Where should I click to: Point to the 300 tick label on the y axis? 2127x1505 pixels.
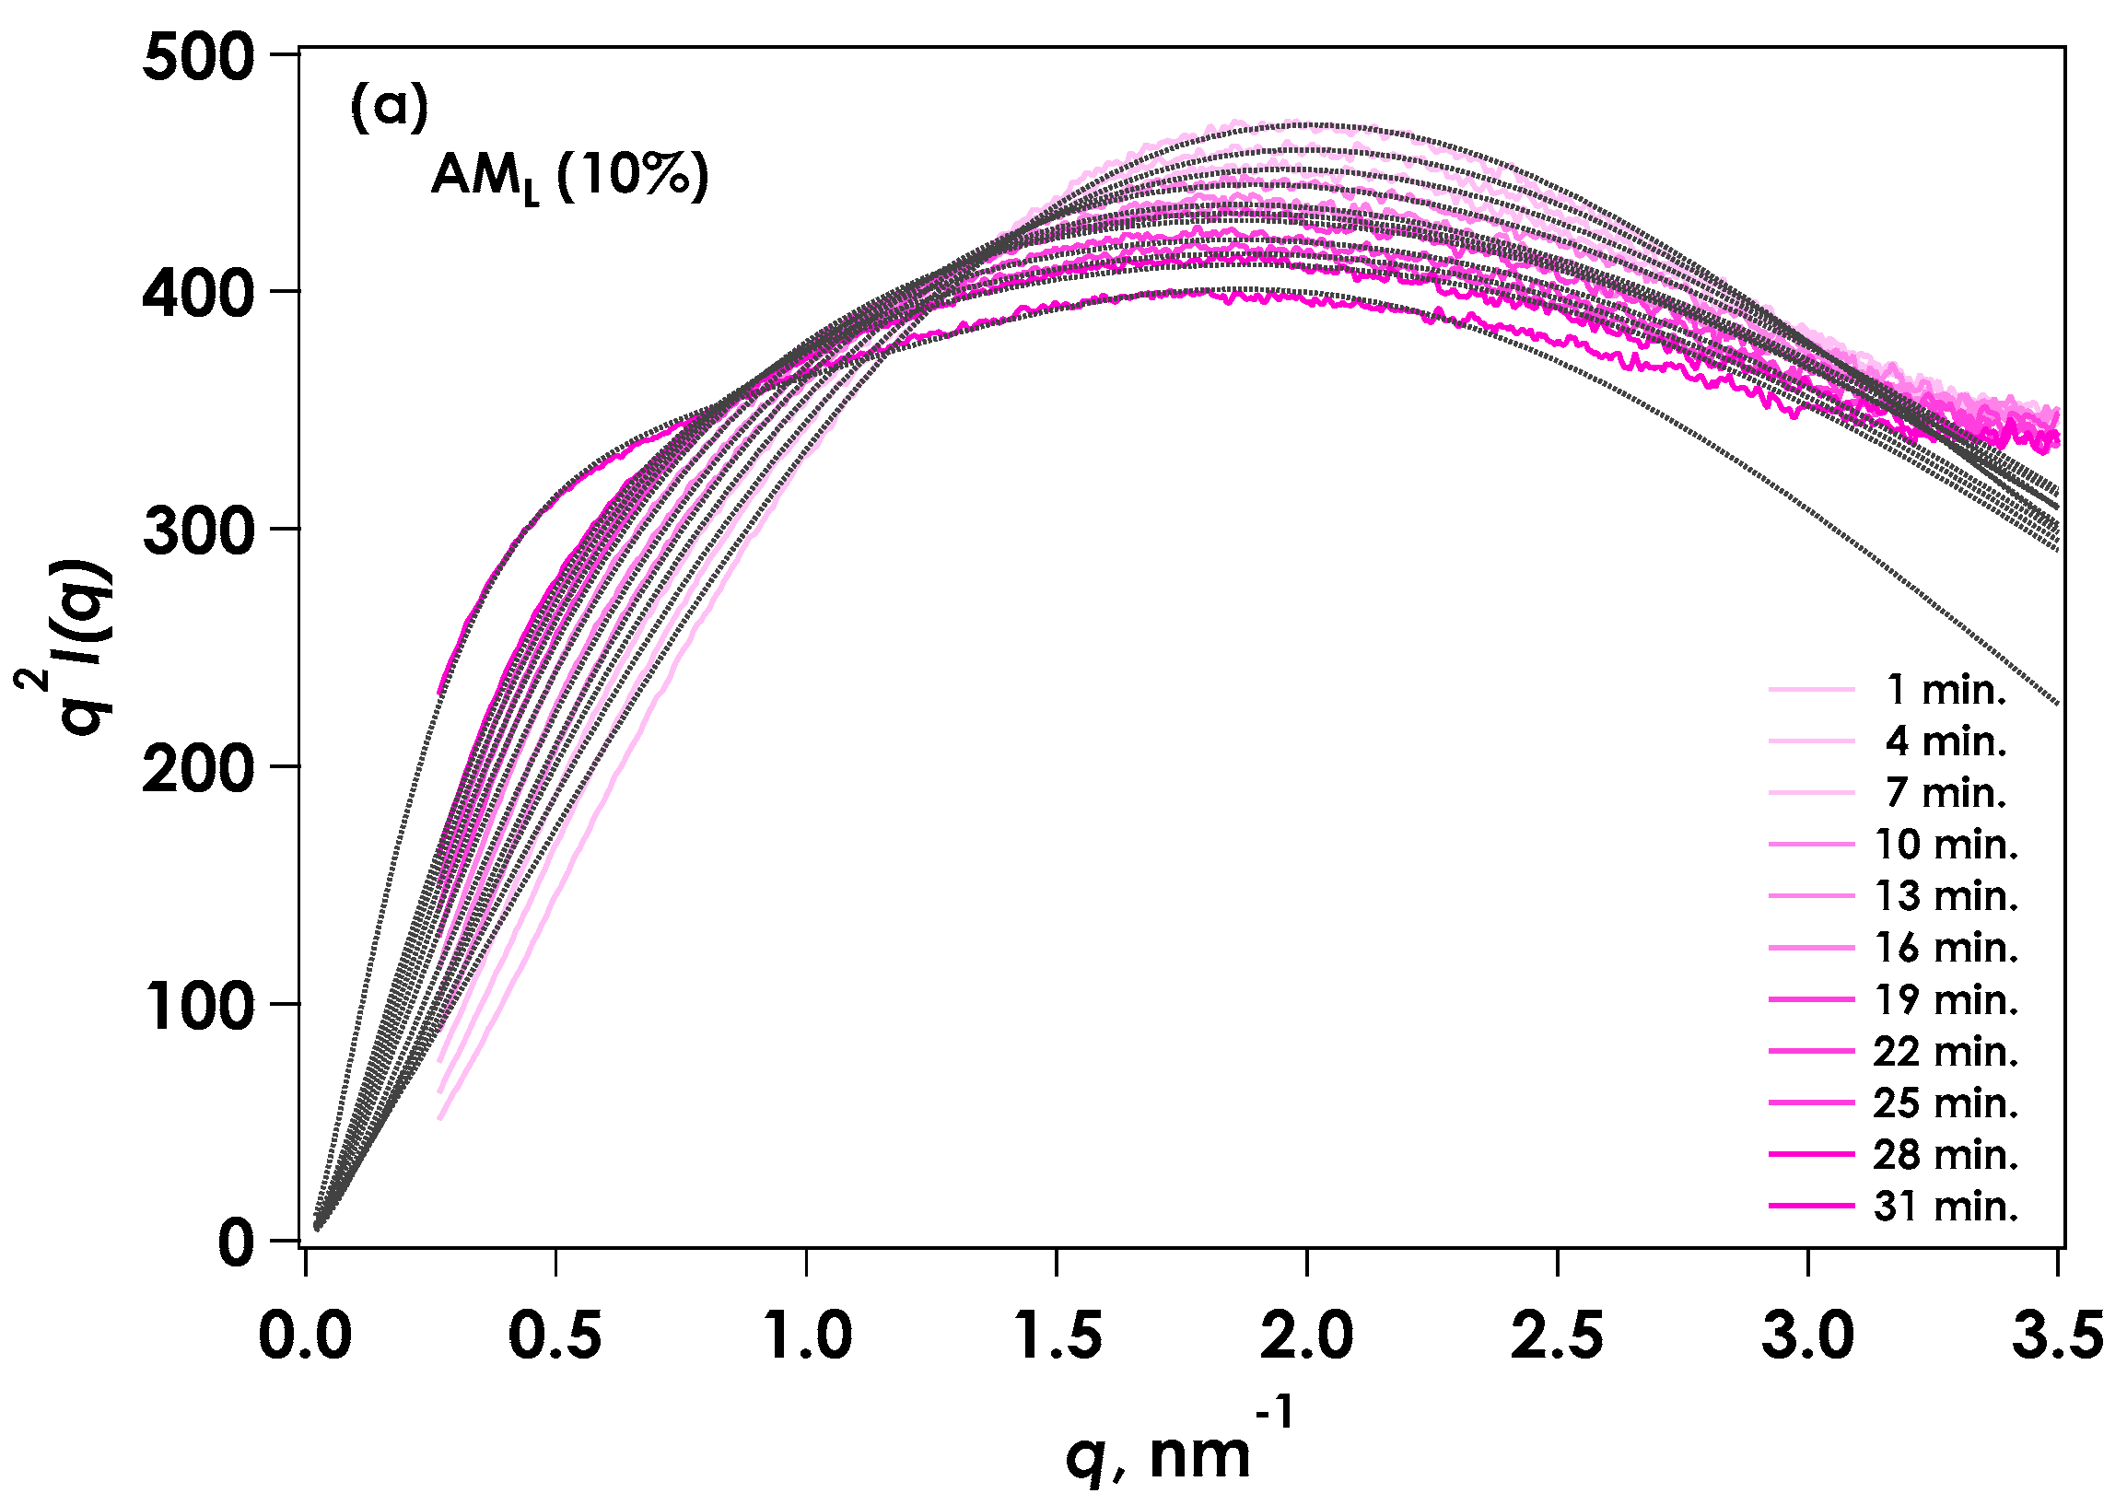[197, 533]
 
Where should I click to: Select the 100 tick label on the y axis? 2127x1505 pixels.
[197, 1008]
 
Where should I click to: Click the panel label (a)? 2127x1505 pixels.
[390, 108]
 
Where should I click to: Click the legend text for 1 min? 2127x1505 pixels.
[1946, 691]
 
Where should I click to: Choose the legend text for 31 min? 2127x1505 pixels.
[1946, 1207]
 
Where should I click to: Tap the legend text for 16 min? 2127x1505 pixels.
[1946, 948]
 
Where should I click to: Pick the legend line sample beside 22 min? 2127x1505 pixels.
[1811, 1052]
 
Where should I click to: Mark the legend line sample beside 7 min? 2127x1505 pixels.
[1811, 793]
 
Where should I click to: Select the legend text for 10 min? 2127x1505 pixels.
[1946, 846]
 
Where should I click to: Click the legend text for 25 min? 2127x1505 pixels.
[1946, 1103]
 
